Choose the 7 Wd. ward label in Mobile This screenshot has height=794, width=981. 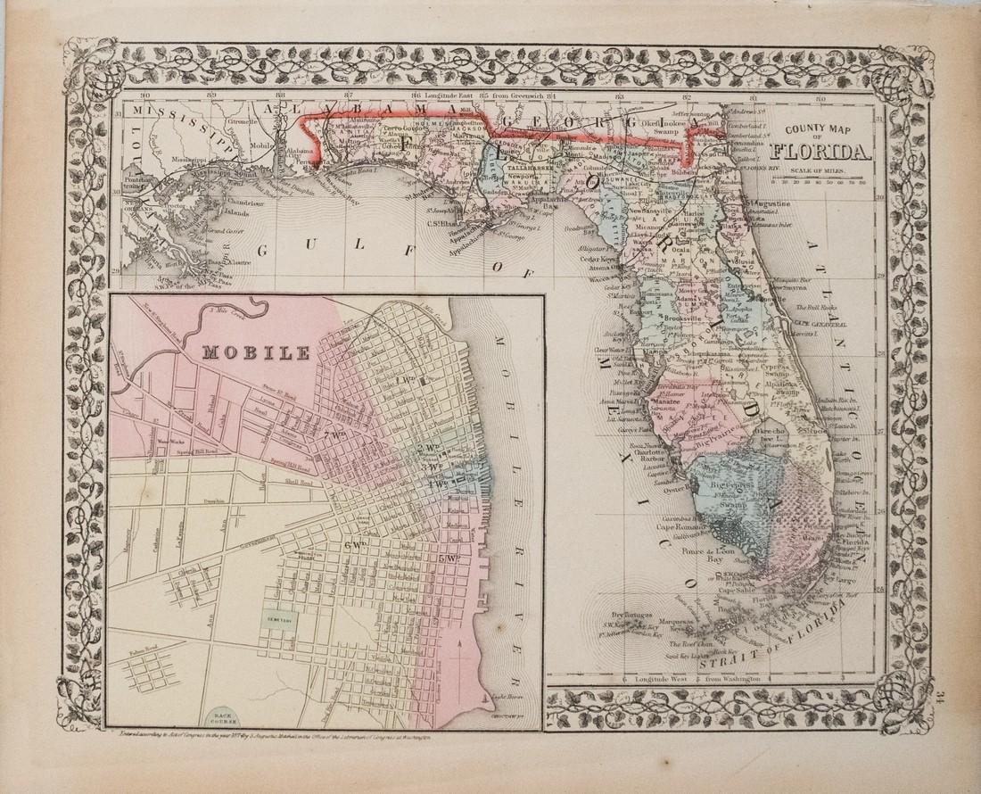point(336,434)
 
